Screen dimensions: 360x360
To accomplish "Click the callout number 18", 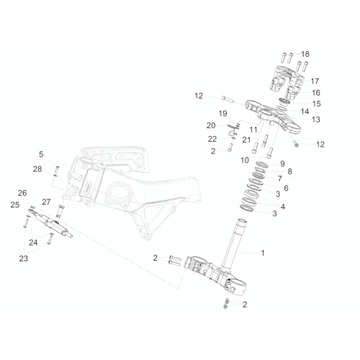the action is (x=305, y=54).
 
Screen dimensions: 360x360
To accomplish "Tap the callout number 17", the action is (x=315, y=81).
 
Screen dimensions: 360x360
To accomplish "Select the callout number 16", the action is (x=316, y=93).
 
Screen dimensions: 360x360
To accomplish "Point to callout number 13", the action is (x=316, y=120).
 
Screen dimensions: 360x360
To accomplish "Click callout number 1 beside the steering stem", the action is (x=263, y=253).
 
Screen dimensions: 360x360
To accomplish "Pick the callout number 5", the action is (x=41, y=154).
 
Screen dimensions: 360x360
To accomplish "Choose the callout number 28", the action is (x=37, y=169).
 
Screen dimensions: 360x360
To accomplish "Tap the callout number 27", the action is (x=46, y=202).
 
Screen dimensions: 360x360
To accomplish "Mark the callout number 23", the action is (x=24, y=258).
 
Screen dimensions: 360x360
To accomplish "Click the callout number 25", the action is (x=15, y=204).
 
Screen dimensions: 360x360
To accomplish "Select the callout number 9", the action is (x=282, y=163).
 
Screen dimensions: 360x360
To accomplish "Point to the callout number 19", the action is (x=223, y=113).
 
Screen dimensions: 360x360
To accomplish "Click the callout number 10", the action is (x=245, y=160).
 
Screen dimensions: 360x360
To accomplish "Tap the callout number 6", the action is (x=286, y=188).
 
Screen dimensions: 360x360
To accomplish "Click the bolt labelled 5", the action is (x=57, y=170).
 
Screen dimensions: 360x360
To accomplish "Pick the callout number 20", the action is (x=211, y=125).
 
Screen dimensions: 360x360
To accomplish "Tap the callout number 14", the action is (x=305, y=112).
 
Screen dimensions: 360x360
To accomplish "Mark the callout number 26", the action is (x=22, y=193).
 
